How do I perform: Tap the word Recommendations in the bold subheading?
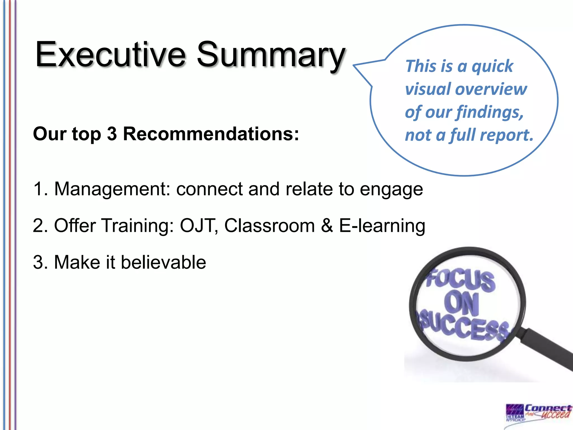point(211,134)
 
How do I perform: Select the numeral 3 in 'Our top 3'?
point(112,134)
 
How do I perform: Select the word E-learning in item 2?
point(382,226)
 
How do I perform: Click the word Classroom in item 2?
point(269,225)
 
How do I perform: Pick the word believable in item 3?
point(163,262)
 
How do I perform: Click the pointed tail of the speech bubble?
point(357,66)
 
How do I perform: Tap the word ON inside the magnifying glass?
point(462,303)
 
